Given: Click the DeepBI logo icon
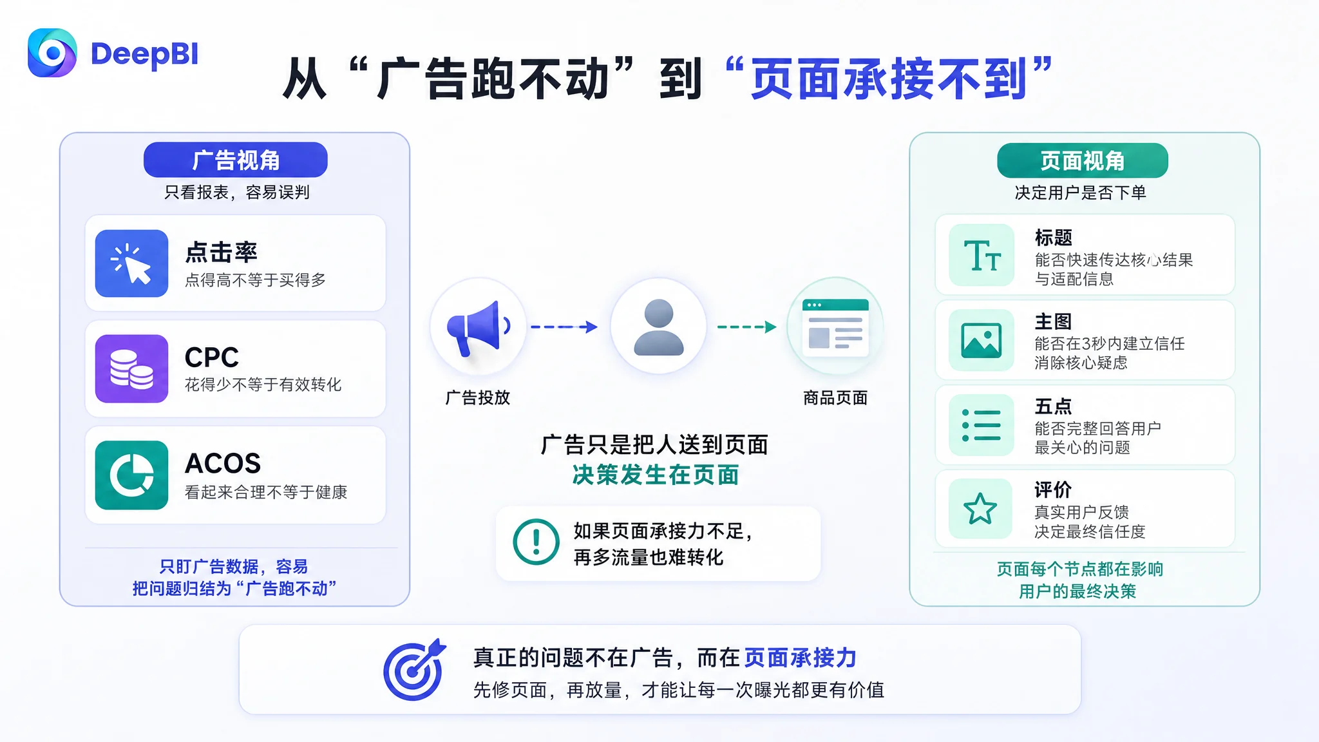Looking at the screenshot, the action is coord(52,53).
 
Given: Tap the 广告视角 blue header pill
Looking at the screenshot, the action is coord(236,160).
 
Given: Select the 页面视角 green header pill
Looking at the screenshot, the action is coord(1083,160).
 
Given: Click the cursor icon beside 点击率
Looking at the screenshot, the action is coord(131,263).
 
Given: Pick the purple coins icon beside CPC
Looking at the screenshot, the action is coord(131,368).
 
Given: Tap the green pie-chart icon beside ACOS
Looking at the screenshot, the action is coord(131,475).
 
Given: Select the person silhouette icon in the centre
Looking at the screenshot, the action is coord(658,327).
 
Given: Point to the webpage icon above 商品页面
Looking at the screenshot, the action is coord(835,327).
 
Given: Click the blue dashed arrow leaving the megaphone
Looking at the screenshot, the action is coord(564,327).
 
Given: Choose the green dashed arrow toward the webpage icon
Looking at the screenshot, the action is coord(747,327).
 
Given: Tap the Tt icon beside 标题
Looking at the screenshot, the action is coord(982,255).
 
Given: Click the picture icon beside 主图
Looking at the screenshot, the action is coord(982,340).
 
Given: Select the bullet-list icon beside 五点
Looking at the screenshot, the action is coord(982,425).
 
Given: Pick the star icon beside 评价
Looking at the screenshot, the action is coord(980,509).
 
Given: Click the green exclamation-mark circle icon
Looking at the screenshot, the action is coord(536,542).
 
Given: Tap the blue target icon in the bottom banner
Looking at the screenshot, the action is coord(415,670).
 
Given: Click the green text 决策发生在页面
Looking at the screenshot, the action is coord(656,475).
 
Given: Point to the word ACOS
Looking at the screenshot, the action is coord(223,463).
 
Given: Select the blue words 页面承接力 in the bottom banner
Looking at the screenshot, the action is coord(801,658).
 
